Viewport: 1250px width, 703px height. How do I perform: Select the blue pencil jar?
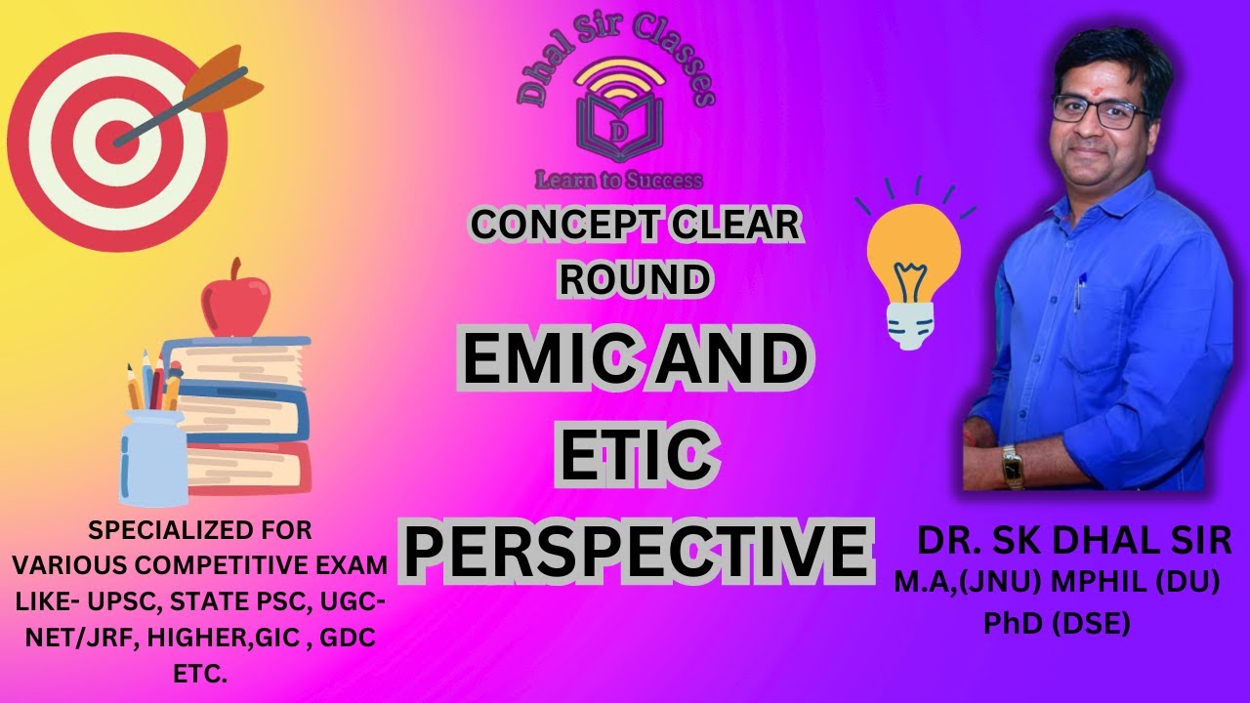click(x=153, y=457)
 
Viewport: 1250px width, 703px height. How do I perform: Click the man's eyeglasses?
click(x=1102, y=110)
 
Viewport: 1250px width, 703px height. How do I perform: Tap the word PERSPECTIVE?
click(x=635, y=552)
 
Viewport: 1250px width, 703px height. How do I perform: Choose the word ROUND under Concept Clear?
click(x=632, y=279)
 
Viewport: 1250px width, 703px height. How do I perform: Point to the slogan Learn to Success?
click(x=617, y=180)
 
